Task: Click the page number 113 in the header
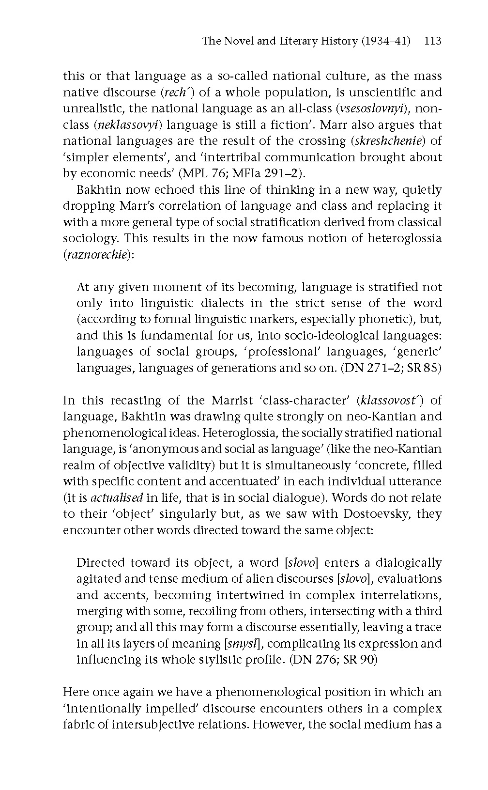point(432,41)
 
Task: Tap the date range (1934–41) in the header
point(385,41)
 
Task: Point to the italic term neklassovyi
point(128,125)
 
